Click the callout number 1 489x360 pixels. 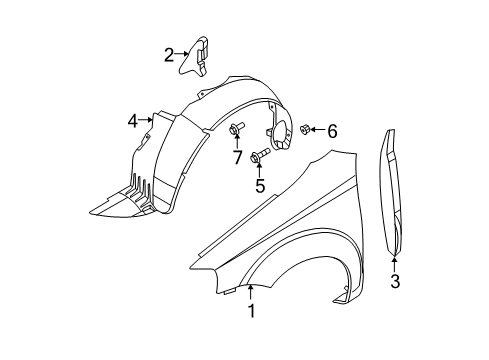251,311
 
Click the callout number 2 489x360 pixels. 170,56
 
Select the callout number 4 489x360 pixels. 133,121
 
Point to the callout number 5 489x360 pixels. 259,184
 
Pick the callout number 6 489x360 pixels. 332,130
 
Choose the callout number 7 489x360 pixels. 237,157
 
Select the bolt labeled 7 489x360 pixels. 237,127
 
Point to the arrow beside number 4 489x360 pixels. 148,121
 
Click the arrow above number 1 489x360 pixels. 251,292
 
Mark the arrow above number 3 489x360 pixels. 395,263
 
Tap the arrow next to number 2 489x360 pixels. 184,56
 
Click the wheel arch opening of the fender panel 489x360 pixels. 300,275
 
